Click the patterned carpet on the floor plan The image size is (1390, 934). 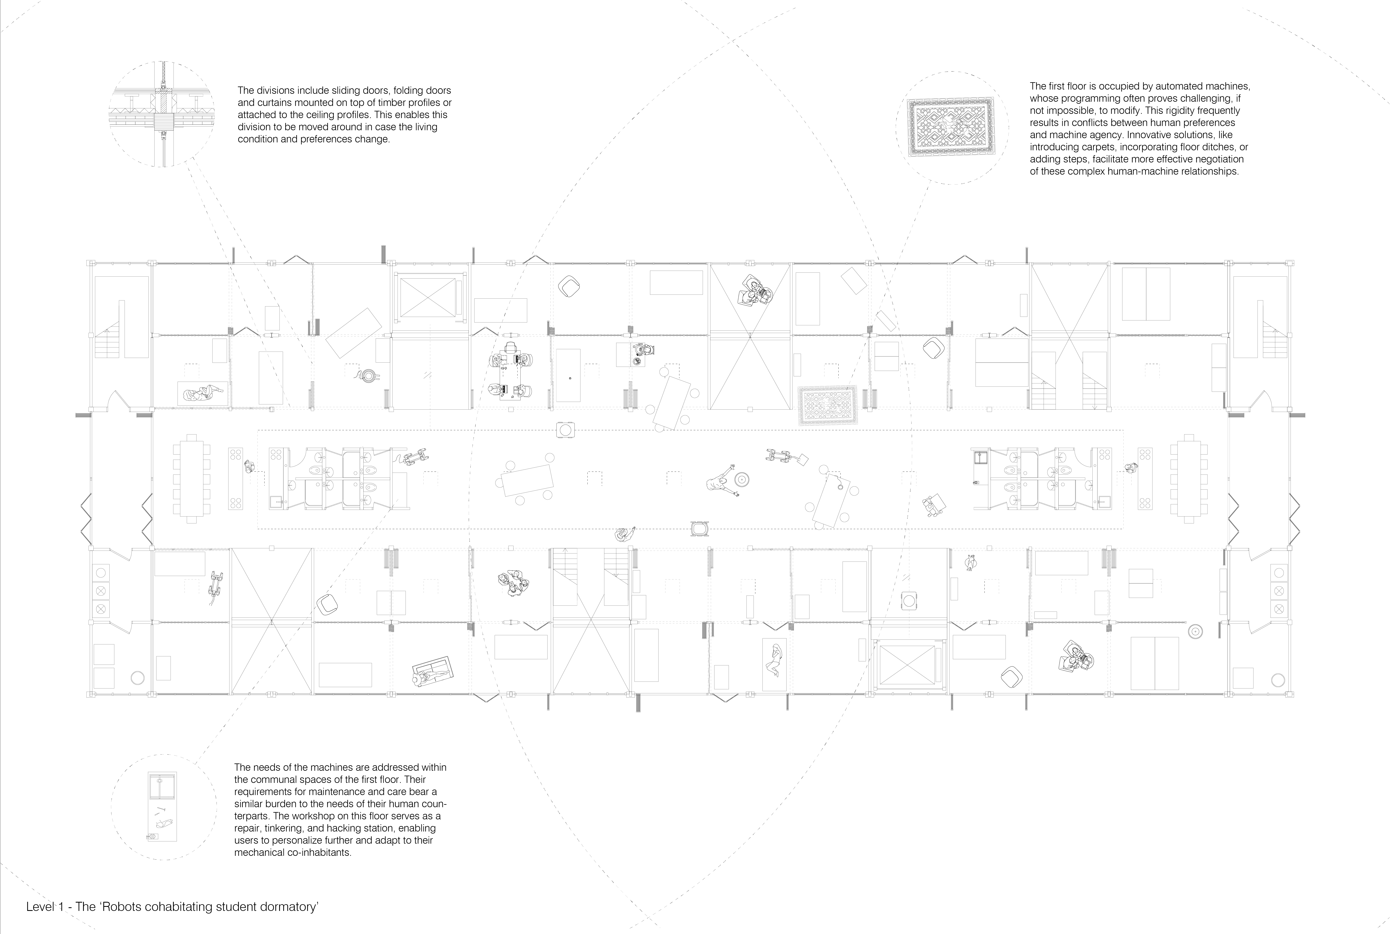coord(828,405)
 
